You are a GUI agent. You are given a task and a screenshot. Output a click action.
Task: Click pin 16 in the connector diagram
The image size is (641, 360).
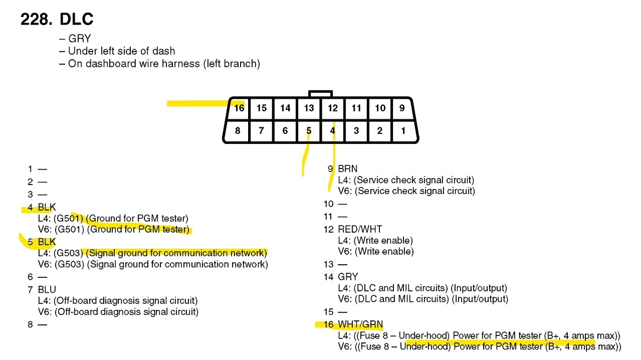click(x=239, y=108)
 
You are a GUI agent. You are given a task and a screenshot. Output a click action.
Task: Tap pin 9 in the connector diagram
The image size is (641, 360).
click(x=402, y=108)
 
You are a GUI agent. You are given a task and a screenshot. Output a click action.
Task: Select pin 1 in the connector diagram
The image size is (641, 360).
click(x=403, y=131)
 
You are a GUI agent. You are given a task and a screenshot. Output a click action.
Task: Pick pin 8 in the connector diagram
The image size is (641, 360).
click(x=238, y=131)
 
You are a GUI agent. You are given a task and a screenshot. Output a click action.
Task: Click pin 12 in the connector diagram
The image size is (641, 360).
click(x=333, y=108)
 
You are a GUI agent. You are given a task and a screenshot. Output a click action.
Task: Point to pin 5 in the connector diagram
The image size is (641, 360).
click(x=309, y=131)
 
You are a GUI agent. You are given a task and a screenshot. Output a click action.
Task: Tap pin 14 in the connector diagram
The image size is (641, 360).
click(x=285, y=108)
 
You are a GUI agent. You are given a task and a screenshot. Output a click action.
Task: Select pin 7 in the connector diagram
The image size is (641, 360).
click(x=261, y=131)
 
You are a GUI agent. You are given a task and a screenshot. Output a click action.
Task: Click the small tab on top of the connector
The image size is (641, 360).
click(x=320, y=94)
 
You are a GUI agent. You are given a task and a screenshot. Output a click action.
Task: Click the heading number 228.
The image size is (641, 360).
click(x=36, y=20)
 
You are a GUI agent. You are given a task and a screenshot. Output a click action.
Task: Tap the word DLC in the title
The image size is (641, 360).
click(x=76, y=20)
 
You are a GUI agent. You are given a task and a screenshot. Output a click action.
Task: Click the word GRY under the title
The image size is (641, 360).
click(x=79, y=39)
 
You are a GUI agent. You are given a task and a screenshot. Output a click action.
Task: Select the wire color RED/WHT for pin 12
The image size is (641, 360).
click(x=360, y=230)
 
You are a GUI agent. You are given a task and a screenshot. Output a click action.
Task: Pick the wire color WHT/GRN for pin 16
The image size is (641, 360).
click(x=360, y=324)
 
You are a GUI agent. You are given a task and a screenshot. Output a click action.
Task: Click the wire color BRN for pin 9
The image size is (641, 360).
click(x=347, y=169)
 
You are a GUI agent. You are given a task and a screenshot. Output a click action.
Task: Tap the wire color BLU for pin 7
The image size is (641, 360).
click(x=47, y=289)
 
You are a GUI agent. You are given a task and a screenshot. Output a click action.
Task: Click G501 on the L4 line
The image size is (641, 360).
click(x=69, y=219)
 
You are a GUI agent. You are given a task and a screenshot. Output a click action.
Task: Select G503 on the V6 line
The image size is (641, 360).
click(x=70, y=264)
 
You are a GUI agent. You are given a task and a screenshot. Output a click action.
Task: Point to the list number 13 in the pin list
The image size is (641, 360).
click(x=328, y=264)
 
